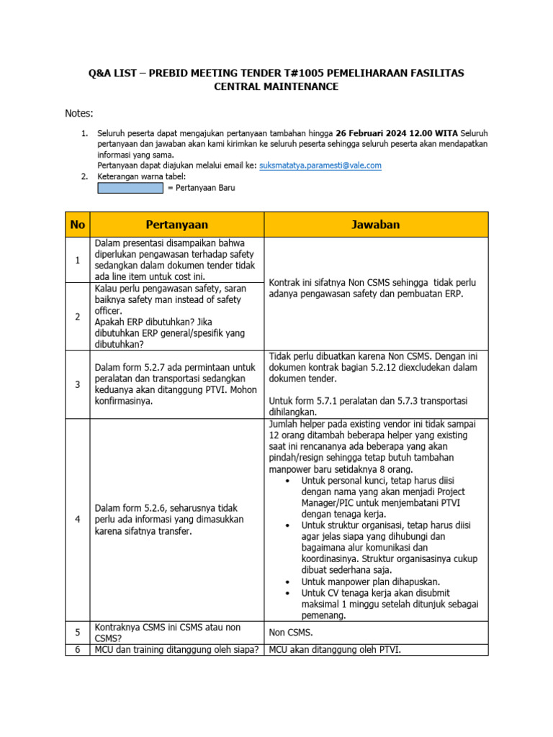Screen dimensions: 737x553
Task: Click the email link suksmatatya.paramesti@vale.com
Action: (x=320, y=166)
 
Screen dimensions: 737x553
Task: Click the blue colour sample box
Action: (x=130, y=188)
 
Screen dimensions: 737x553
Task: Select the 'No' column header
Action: (x=76, y=225)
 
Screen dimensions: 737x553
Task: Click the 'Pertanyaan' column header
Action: (x=176, y=225)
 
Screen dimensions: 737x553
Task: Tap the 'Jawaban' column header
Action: (x=376, y=225)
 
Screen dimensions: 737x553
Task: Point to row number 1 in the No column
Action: (x=76, y=260)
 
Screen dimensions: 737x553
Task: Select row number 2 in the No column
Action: (x=76, y=317)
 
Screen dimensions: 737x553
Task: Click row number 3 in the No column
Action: (x=76, y=385)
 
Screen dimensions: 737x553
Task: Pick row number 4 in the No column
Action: (x=76, y=520)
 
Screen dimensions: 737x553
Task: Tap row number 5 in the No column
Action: (x=76, y=633)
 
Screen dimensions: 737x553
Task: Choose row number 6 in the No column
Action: (x=76, y=650)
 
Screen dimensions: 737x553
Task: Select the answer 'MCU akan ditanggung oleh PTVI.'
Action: (x=335, y=650)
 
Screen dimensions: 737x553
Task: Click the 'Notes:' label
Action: (x=79, y=113)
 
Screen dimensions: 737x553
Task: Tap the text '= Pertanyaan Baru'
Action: (x=201, y=188)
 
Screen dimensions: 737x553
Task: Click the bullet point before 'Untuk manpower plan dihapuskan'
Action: (x=288, y=582)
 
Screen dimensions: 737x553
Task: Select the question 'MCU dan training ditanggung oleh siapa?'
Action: (x=176, y=650)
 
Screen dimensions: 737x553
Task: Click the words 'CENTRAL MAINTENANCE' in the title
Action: (x=276, y=87)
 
